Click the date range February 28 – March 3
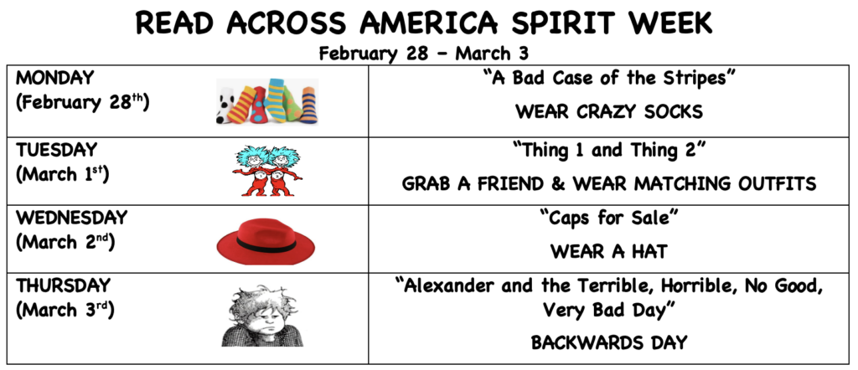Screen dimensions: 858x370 click(x=423, y=54)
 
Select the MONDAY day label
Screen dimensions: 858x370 click(x=54, y=78)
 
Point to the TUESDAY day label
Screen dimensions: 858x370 click(x=56, y=149)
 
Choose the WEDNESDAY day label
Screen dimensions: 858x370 click(x=71, y=218)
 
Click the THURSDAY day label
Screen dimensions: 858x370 click(x=63, y=285)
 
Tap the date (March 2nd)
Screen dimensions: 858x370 click(x=65, y=243)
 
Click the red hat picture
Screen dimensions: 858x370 click(x=266, y=241)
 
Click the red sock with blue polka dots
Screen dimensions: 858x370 click(x=258, y=105)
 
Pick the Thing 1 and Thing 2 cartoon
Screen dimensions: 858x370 click(x=266, y=171)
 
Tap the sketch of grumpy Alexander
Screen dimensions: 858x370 click(x=262, y=316)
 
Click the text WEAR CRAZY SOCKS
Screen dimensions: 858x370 click(x=609, y=112)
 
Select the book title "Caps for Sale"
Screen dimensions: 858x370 click(x=609, y=218)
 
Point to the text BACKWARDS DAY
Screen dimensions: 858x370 click(x=609, y=342)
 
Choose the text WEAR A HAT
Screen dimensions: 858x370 click(x=609, y=251)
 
